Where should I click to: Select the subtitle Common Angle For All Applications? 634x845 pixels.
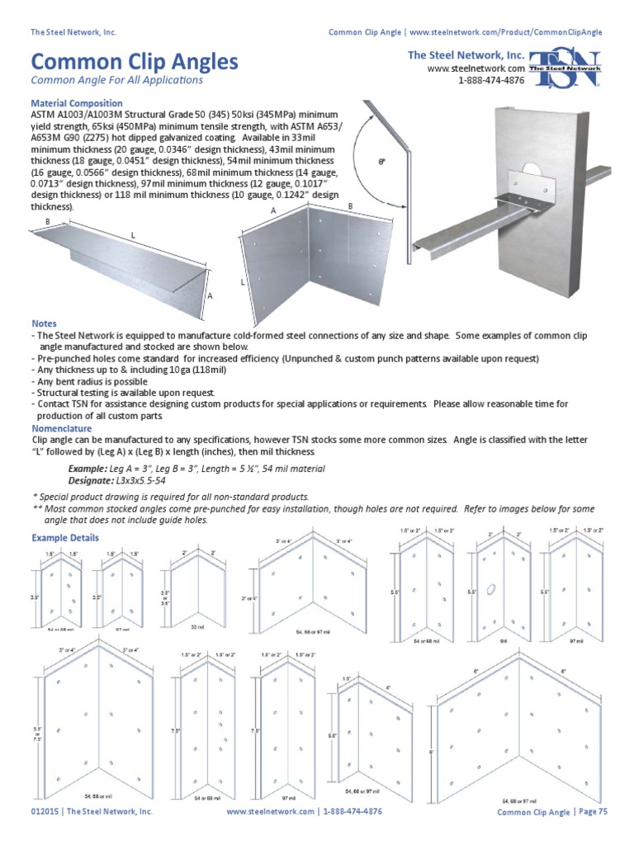point(116,81)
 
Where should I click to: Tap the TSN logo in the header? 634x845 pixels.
point(565,69)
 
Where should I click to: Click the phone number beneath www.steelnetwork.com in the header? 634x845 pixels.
point(491,80)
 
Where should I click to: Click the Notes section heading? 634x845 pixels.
point(44,323)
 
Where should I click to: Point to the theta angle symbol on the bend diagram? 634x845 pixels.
point(381,163)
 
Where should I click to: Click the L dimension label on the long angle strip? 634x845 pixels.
point(131,236)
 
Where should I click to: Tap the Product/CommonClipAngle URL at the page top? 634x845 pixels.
point(505,32)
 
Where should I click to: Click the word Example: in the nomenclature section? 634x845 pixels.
point(88,468)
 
